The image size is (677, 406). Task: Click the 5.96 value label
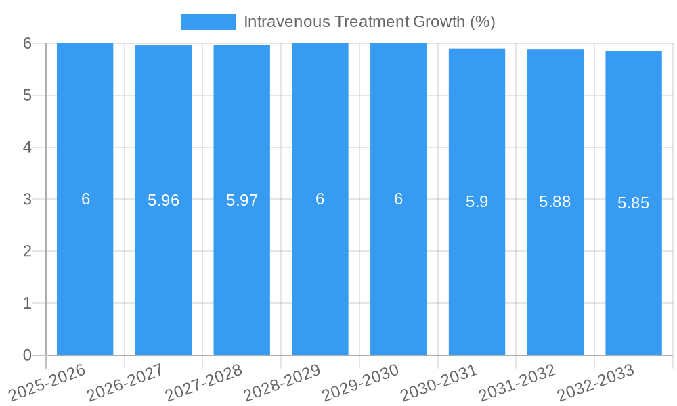coord(163,200)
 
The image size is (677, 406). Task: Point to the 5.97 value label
coord(242,200)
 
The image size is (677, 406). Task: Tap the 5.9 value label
coord(477,202)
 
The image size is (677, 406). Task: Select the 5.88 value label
coord(555,202)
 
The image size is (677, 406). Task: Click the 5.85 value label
coord(634,203)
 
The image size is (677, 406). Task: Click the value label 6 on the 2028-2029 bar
coord(320,199)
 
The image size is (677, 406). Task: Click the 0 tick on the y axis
coord(27,355)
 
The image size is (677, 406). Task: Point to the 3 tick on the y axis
coord(27,199)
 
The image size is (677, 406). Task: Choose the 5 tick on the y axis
coord(27,95)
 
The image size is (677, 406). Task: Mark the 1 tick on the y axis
coord(27,303)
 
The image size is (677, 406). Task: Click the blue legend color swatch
coord(209,22)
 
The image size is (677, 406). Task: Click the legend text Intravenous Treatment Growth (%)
coord(370,22)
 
